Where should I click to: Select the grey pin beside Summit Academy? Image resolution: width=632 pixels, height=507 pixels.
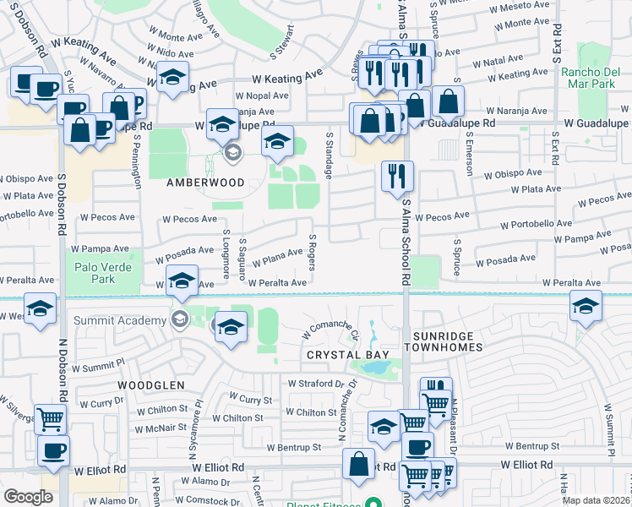(178, 319)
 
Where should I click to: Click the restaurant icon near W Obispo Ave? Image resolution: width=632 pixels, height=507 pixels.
(397, 176)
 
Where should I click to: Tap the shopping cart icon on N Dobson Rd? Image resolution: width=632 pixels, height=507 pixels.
(51, 418)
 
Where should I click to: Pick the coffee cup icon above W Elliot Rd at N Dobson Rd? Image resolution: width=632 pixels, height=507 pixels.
(53, 450)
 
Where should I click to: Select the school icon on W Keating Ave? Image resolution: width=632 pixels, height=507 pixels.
(172, 78)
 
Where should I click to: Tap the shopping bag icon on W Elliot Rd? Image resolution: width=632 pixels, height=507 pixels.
(358, 463)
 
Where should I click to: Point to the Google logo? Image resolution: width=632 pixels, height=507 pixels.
(28, 497)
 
